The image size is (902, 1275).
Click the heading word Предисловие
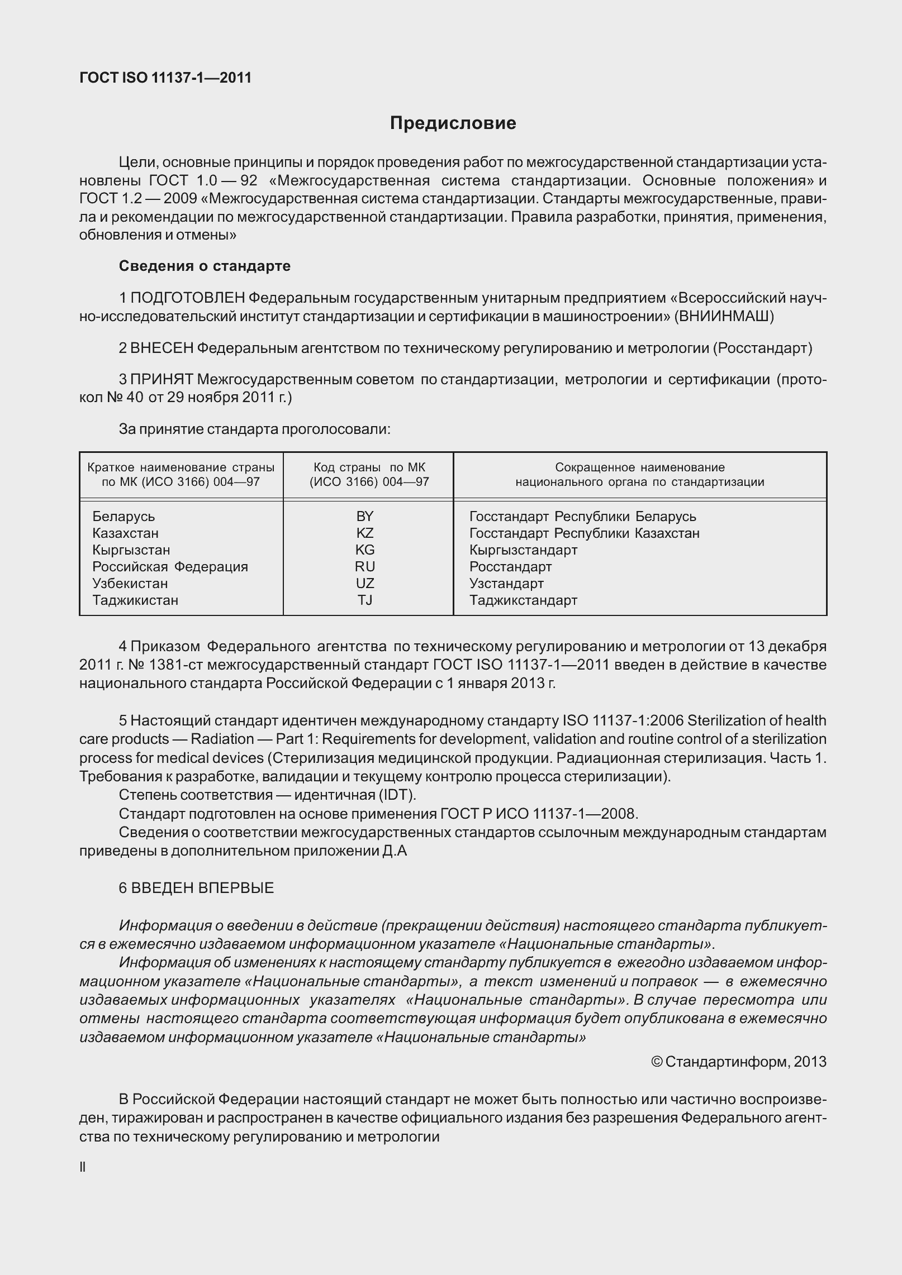point(453,123)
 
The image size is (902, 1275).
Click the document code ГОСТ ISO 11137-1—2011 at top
point(165,78)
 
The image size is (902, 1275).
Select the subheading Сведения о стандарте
point(205,266)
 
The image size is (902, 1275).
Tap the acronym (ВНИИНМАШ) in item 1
point(724,317)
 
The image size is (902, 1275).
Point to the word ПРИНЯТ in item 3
point(162,380)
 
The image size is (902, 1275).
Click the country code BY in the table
point(365,516)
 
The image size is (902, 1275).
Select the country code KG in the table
point(365,550)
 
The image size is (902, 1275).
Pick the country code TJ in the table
point(365,600)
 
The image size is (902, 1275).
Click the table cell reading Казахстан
point(126,533)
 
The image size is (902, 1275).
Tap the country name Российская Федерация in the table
point(170,566)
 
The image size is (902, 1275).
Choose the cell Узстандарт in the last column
point(506,583)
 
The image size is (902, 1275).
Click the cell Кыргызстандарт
point(523,550)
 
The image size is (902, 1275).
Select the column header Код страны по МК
point(369,467)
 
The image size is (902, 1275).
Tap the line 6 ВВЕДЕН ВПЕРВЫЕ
point(196,888)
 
